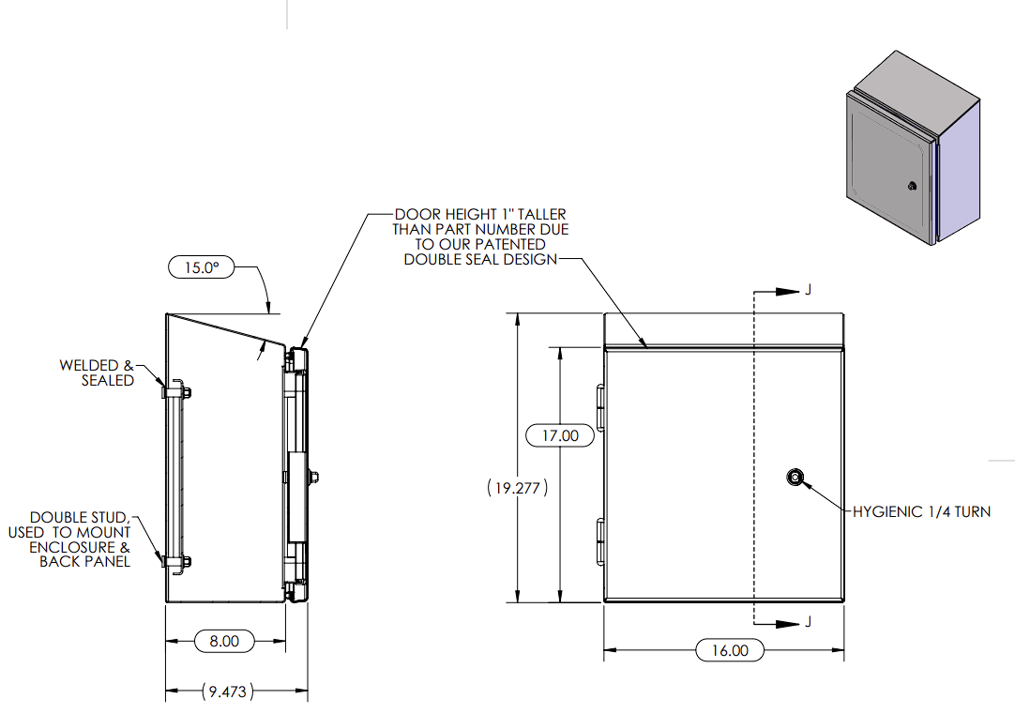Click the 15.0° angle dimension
click(x=202, y=267)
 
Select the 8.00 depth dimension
click(x=224, y=641)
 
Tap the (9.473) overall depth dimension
click(x=227, y=691)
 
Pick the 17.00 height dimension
click(x=561, y=435)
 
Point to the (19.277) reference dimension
click(x=518, y=488)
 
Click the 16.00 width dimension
click(x=730, y=650)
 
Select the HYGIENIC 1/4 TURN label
click(x=922, y=512)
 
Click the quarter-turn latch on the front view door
click(x=795, y=478)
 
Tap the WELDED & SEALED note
click(x=97, y=372)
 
